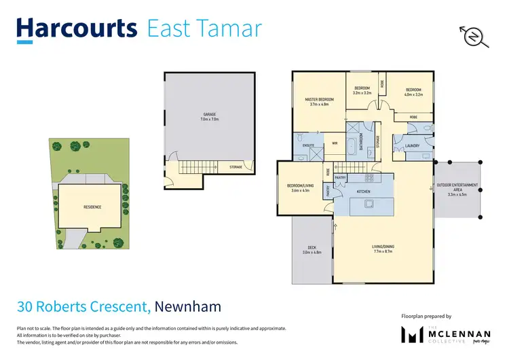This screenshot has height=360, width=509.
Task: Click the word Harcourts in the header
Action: pyautogui.click(x=77, y=29)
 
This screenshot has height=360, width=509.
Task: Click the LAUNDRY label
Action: pyautogui.click(x=412, y=145)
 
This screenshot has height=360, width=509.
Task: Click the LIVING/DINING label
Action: pyautogui.click(x=383, y=249)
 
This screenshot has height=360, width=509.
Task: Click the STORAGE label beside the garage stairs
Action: pyautogui.click(x=236, y=166)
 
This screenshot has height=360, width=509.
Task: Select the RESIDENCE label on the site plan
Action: pyautogui.click(x=92, y=206)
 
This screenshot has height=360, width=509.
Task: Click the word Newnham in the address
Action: pyautogui.click(x=188, y=307)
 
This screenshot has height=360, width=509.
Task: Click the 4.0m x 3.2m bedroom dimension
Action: pyautogui.click(x=413, y=94)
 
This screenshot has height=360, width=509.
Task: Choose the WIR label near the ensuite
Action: pyautogui.click(x=335, y=143)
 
